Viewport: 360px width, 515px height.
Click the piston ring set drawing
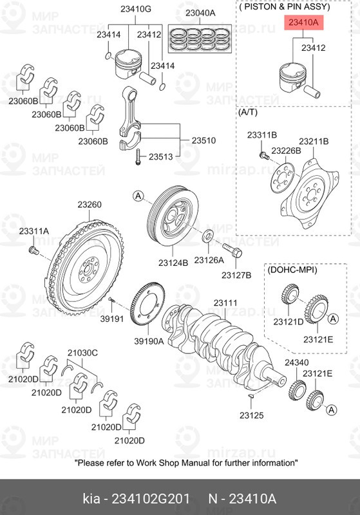(200, 40)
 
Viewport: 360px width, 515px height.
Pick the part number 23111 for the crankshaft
(226, 303)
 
